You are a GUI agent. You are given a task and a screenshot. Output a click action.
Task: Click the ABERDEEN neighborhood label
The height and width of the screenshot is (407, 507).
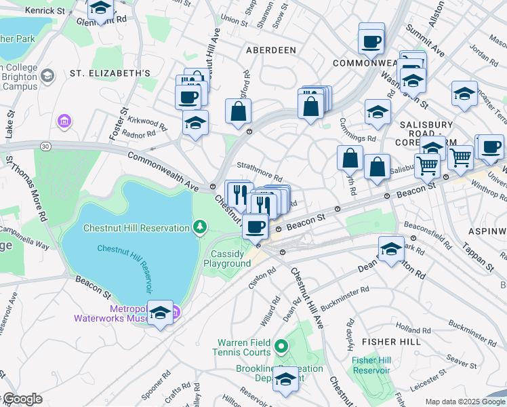(x=271, y=50)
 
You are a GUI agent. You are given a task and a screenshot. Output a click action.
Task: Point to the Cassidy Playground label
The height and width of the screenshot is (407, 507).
(x=230, y=258)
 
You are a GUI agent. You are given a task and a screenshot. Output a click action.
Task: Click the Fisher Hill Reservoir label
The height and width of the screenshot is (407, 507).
(x=371, y=365)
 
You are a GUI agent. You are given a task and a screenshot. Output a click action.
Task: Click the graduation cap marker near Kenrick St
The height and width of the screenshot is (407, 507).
(x=100, y=9)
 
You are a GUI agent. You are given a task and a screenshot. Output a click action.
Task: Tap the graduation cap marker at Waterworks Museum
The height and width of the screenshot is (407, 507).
(x=160, y=313)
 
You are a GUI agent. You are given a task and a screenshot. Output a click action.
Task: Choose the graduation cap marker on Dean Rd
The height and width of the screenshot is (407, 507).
(x=391, y=249)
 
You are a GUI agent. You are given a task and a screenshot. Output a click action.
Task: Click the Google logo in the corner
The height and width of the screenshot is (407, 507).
(x=22, y=399)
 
